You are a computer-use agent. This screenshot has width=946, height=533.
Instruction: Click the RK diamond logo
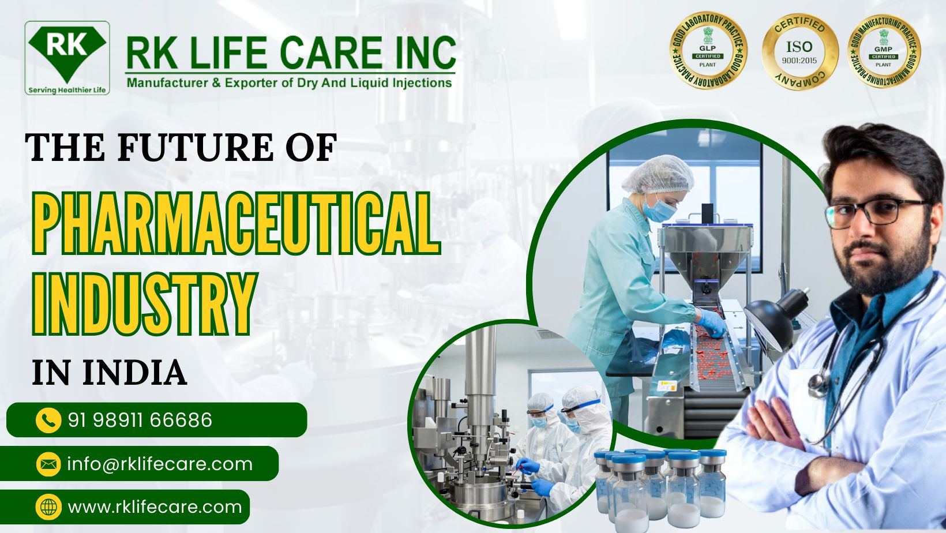pyautogui.click(x=67, y=53)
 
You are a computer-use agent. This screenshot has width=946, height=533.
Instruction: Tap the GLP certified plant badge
pyautogui.click(x=708, y=51)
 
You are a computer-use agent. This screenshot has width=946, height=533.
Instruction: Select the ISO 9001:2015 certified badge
pyautogui.click(x=799, y=51)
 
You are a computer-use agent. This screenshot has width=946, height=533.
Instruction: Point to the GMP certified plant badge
pyautogui.click(x=883, y=51)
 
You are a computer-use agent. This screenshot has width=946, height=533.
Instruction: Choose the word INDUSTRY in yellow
pyautogui.click(x=144, y=304)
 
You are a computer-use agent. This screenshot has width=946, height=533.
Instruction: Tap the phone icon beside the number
pyautogui.click(x=48, y=420)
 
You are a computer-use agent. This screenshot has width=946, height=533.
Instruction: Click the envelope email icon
pyautogui.click(x=48, y=464)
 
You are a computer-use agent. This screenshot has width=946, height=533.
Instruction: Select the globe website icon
pyautogui.click(x=48, y=507)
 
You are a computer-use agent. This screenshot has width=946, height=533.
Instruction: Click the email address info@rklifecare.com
pyautogui.click(x=160, y=464)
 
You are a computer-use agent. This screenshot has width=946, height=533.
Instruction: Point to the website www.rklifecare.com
pyautogui.click(x=155, y=507)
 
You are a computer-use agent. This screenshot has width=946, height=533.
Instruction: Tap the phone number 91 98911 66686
pyautogui.click(x=140, y=420)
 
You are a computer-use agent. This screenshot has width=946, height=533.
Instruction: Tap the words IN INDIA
pyautogui.click(x=109, y=373)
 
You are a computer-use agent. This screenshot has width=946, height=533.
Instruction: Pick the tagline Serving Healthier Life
pyautogui.click(x=67, y=90)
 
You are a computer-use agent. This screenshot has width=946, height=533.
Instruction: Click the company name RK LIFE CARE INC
pyautogui.click(x=290, y=53)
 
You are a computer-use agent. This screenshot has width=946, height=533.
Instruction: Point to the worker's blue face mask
pyautogui.click(x=658, y=209)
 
